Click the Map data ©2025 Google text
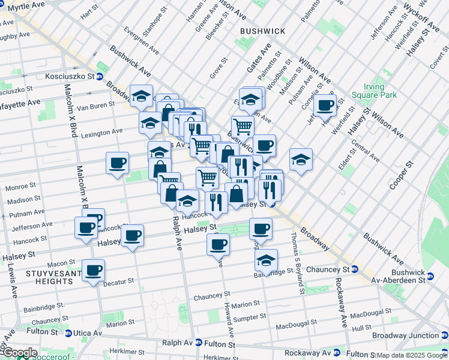[411, 355]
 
